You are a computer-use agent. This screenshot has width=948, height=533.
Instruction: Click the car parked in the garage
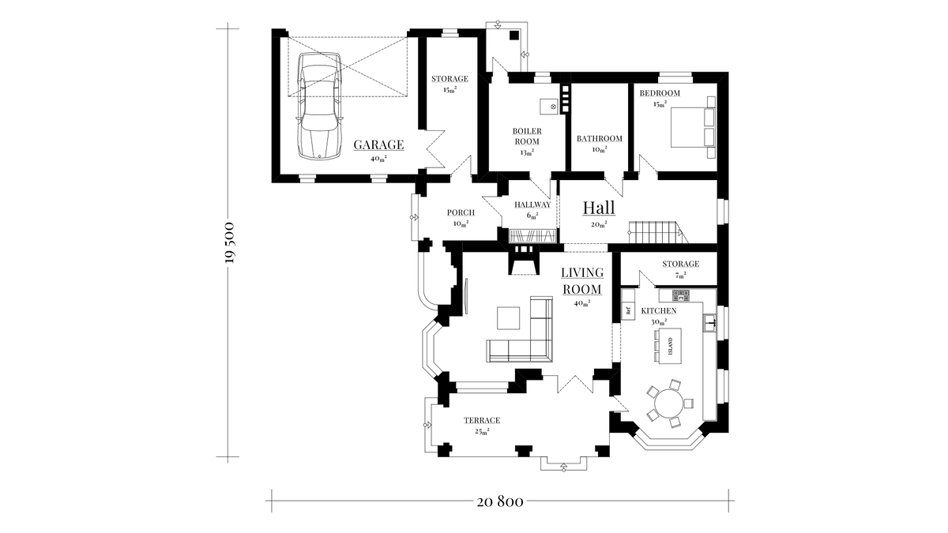point(320,105)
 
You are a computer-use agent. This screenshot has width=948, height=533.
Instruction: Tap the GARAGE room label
point(378,145)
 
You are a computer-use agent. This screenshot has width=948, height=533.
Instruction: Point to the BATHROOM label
point(599,139)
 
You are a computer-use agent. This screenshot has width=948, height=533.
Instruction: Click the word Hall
point(599,208)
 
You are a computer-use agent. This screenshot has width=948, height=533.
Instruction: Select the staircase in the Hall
point(654,233)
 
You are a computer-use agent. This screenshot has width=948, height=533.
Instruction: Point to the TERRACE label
point(481,420)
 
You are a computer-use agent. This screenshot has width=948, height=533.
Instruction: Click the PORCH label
point(461,212)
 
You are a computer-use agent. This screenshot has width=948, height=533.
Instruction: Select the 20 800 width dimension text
point(501,501)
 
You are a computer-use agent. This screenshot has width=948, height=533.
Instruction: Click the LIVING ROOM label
point(582,281)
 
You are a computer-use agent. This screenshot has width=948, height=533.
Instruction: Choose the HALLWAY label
point(532,205)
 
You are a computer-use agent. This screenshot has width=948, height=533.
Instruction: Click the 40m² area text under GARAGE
point(378,159)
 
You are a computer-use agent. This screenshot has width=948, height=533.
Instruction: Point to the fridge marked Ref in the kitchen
point(629,310)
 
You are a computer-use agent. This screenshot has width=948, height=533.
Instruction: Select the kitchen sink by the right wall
point(710,321)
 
